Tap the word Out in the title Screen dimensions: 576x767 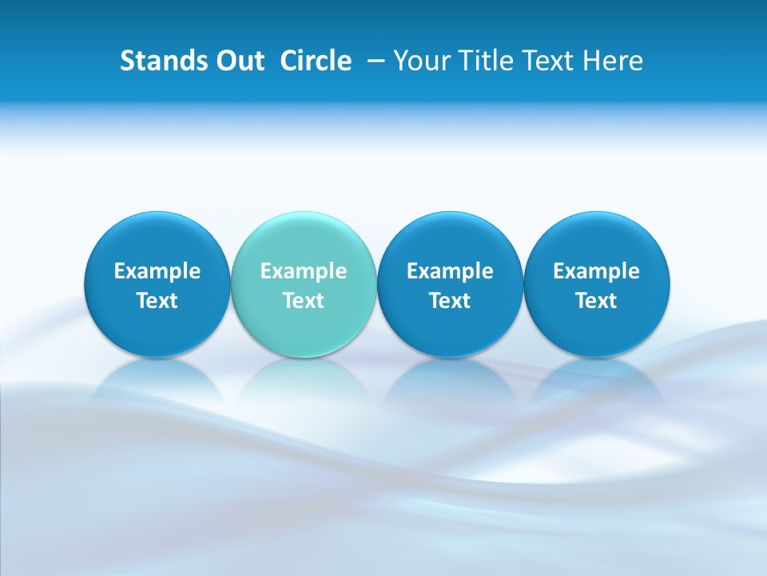[237, 61]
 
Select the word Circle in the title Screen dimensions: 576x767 [316, 61]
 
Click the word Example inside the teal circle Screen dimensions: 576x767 [304, 271]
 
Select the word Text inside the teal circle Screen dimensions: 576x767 [304, 301]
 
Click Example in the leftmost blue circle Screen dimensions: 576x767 [157, 271]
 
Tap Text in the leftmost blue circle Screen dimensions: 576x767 [157, 301]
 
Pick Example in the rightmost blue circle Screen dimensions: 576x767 [597, 271]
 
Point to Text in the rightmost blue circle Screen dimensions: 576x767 [597, 301]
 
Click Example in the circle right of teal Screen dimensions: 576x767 [451, 271]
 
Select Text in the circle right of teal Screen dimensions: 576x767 [451, 301]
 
